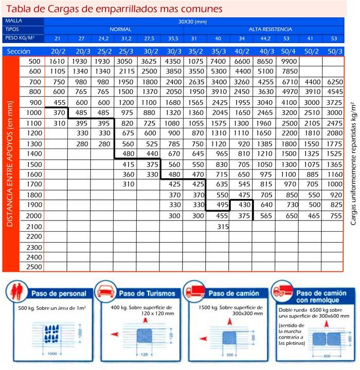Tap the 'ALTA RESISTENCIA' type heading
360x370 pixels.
tap(271, 29)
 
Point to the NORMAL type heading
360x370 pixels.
tap(120, 29)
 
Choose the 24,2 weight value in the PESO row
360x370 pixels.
tap(104, 38)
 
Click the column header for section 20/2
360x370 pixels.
tap(58, 51)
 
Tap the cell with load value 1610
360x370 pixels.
tap(57, 61)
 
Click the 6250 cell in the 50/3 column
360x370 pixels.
tap(334, 82)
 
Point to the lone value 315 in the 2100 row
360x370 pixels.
tap(223, 226)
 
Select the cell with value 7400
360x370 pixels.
tap(219, 61)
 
